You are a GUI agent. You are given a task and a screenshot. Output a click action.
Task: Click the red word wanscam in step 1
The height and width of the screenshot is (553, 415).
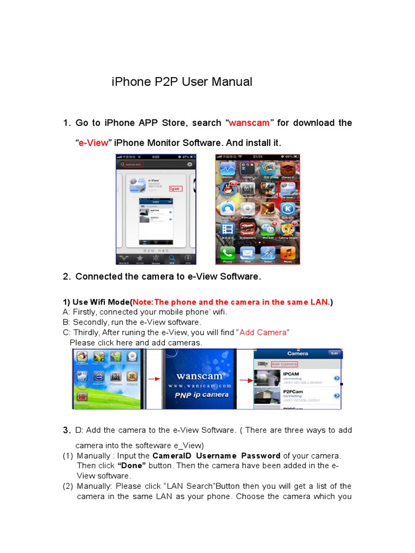(249, 123)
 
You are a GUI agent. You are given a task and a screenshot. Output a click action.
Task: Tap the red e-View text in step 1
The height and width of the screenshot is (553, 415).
(93, 143)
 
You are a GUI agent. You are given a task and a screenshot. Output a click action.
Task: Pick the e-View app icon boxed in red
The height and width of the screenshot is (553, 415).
(288, 189)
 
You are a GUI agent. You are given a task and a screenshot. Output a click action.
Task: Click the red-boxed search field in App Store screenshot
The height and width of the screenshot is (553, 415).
(135, 164)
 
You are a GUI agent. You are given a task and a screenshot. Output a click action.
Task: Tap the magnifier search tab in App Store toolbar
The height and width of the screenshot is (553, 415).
(172, 258)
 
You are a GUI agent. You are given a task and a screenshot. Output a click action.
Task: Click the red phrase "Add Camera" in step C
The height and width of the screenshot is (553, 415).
(264, 333)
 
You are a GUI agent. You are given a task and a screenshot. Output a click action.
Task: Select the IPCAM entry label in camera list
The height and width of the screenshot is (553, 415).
(292, 373)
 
